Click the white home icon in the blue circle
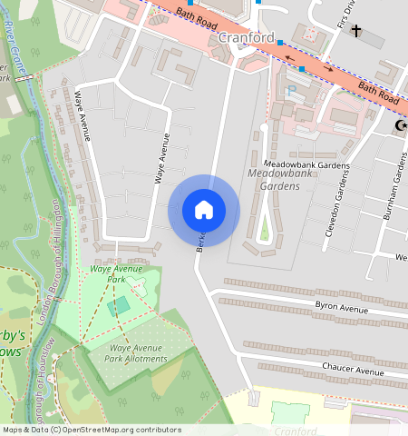click(x=204, y=210)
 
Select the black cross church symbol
click(x=356, y=32)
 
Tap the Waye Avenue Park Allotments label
click(x=138, y=353)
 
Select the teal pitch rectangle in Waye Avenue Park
click(x=118, y=306)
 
